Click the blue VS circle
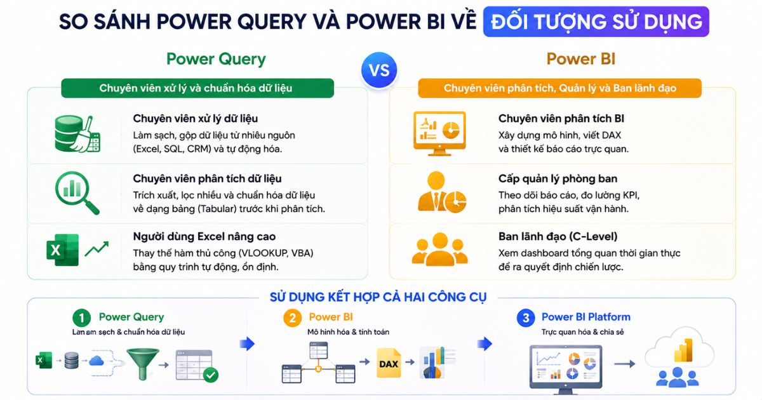click(x=379, y=70)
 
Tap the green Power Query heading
click(x=216, y=59)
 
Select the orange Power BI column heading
click(x=581, y=59)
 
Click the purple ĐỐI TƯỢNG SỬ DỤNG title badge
click(x=596, y=22)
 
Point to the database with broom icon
click(x=77, y=134)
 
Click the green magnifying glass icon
click(x=77, y=193)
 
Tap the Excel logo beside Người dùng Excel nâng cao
click(x=63, y=250)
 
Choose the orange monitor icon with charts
click(x=439, y=133)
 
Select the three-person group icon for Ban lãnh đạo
click(x=440, y=250)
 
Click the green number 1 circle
click(x=82, y=318)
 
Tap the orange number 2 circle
click(x=293, y=318)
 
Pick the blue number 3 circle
click(x=526, y=318)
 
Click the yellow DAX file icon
click(x=389, y=363)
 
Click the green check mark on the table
click(x=211, y=375)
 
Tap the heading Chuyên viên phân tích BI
click(x=561, y=118)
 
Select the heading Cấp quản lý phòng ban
click(x=558, y=178)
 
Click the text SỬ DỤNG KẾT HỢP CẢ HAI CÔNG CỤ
click(x=378, y=297)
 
